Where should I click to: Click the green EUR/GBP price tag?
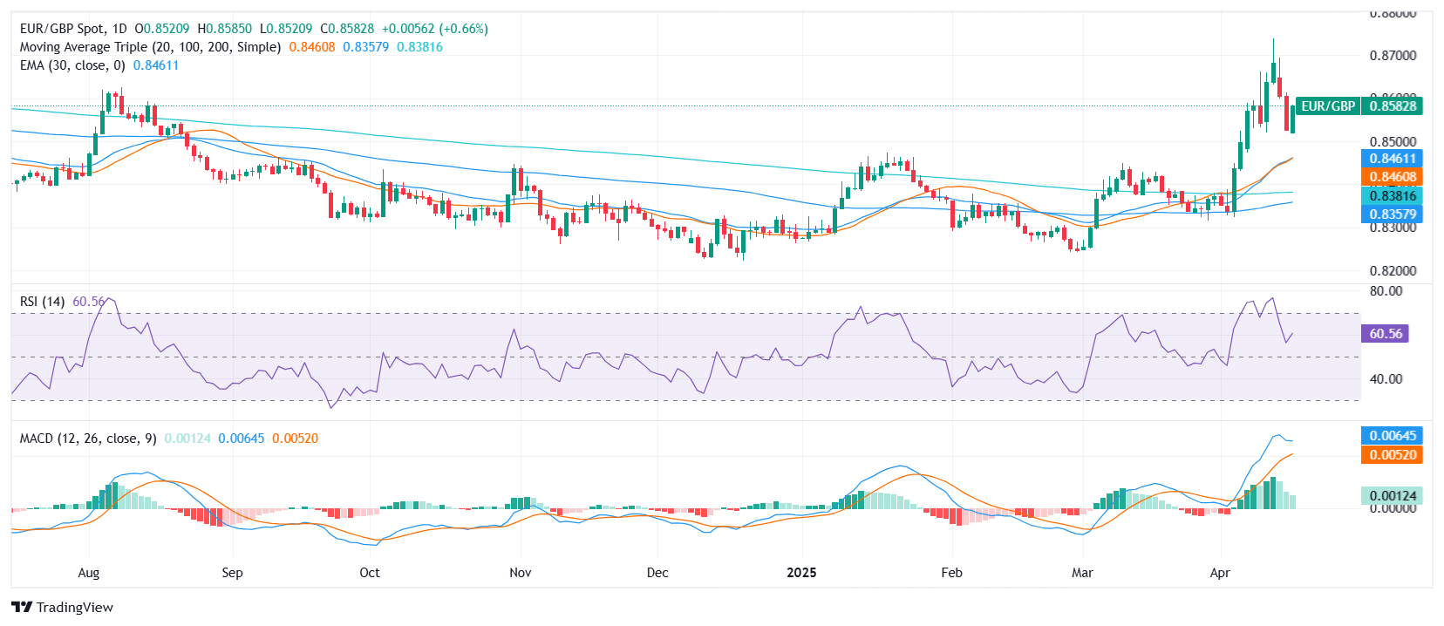1328,106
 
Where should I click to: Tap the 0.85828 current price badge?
1392,106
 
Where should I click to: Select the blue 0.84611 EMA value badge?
1392,159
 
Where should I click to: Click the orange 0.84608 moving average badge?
1392,177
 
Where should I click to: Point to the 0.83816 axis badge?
1392,196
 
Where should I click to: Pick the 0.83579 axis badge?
1392,214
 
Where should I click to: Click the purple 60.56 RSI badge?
1385,334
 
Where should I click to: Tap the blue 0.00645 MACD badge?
1392,436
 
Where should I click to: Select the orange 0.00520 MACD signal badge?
1392,455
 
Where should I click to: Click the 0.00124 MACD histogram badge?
1392,496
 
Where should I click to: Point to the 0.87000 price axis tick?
1393,55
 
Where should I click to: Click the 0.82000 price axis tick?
1393,271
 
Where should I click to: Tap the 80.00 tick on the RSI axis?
1386,291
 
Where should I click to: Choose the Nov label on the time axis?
520,573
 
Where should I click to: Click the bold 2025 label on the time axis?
801,573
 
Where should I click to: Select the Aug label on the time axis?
89,573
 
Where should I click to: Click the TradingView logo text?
74,608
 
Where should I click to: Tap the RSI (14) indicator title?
42,302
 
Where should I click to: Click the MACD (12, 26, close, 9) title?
88,439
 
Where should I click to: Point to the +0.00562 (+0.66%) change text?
434,29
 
